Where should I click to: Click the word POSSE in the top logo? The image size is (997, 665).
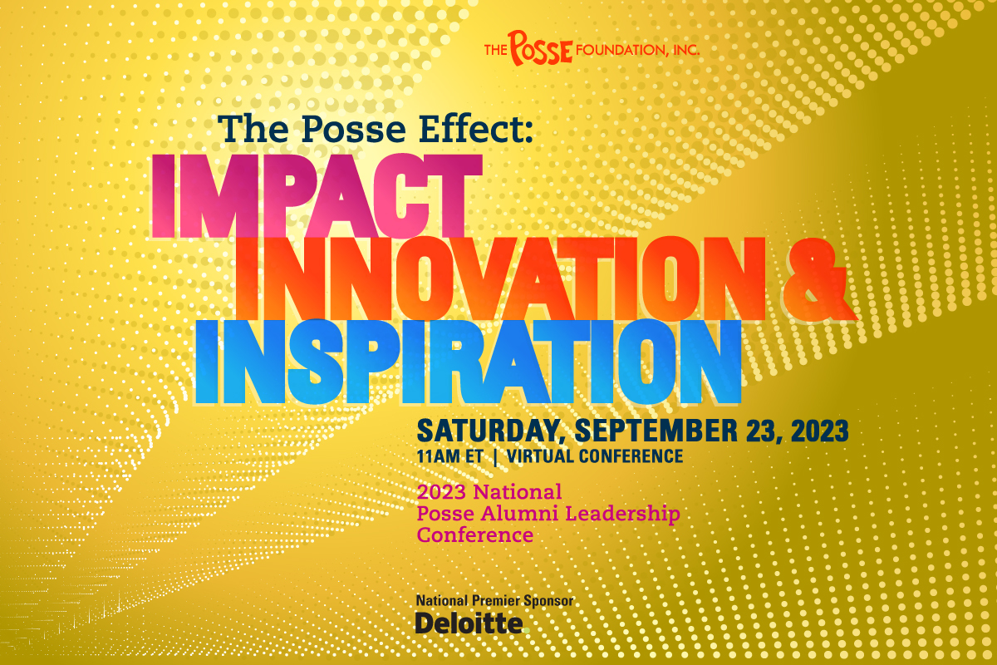click(x=541, y=48)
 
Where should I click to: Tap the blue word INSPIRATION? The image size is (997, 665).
click(x=467, y=357)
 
